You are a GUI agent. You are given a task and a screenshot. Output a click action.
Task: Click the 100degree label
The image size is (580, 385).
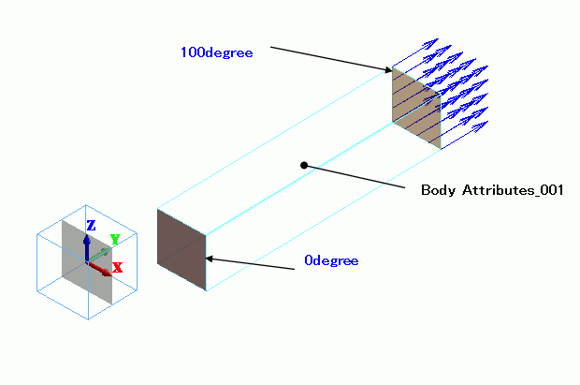216,52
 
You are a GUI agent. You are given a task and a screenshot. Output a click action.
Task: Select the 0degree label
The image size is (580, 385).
330,260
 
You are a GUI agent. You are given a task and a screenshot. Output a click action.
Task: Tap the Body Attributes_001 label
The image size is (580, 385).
491,190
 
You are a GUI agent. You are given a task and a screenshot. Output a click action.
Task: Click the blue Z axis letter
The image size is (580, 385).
91,225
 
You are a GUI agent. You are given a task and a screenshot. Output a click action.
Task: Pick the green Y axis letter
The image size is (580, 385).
114,240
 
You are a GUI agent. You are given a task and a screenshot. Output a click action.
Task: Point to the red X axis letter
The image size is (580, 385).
118,268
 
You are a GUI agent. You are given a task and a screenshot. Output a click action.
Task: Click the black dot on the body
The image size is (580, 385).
304,165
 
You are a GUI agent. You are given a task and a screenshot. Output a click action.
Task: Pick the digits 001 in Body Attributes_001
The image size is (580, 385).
550,190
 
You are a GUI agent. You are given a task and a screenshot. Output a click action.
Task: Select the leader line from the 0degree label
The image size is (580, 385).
253,263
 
